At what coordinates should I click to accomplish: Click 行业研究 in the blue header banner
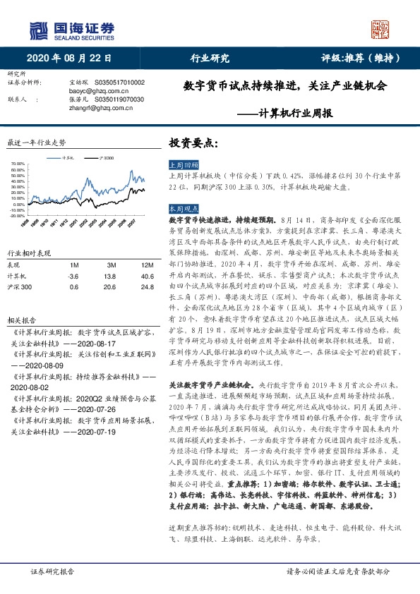210,59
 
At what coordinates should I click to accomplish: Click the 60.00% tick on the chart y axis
18,164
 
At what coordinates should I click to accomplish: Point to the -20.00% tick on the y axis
18,215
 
